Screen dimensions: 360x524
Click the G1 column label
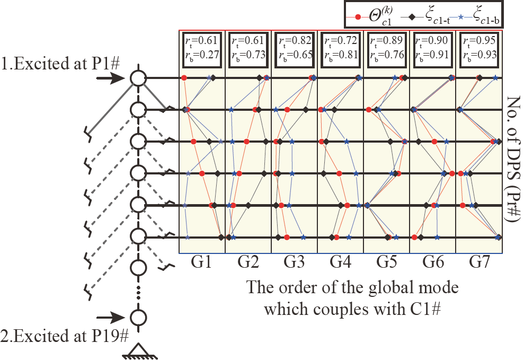pyautogui.click(x=202, y=262)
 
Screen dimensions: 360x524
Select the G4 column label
pyautogui.click(x=340, y=262)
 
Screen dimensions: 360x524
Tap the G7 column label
pyautogui.click(x=479, y=262)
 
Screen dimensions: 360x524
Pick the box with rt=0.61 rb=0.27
pyautogui.click(x=202, y=49)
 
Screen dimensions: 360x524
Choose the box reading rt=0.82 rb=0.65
pyautogui.click(x=295, y=49)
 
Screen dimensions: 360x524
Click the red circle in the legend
pyautogui.click(x=358, y=17)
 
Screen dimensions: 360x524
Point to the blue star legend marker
pyautogui.click(x=460, y=17)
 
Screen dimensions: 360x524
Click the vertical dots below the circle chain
pyautogui.click(x=138, y=291)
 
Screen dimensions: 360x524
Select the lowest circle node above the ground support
pyautogui.click(x=138, y=318)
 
